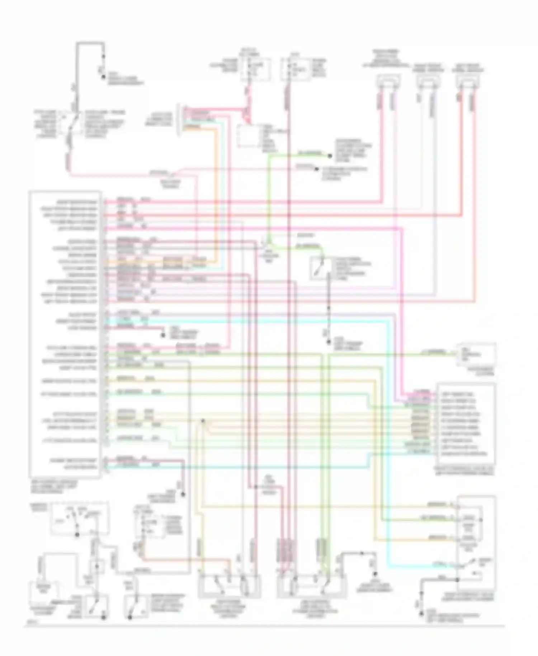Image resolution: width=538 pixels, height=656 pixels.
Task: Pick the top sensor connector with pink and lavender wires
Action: [388, 81]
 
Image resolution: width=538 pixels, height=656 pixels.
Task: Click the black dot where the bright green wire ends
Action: [330, 156]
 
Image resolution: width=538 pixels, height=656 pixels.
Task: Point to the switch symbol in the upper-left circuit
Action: [75, 122]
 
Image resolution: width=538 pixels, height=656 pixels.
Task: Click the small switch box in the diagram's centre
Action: [320, 268]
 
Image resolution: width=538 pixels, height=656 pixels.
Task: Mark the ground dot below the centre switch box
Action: [329, 342]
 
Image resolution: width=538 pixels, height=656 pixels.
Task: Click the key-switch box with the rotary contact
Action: [80, 519]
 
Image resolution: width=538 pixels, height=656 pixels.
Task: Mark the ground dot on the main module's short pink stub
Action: [162, 335]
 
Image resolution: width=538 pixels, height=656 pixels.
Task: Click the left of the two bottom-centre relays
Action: [230, 586]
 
